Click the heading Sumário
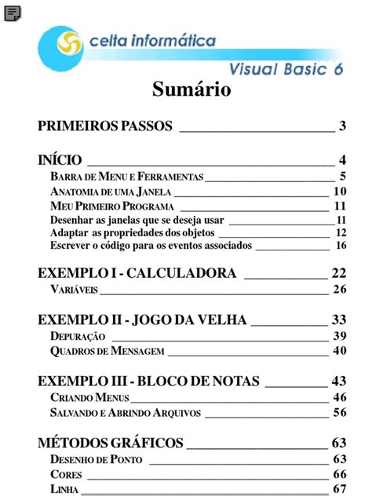(191, 90)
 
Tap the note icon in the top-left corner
(13, 13)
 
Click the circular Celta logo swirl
(61, 48)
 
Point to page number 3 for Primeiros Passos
(343, 126)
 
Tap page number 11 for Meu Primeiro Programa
(340, 206)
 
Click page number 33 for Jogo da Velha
(339, 319)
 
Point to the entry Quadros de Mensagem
(106, 351)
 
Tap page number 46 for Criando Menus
(340, 397)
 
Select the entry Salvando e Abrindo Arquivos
(125, 412)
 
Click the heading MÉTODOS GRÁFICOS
(111, 443)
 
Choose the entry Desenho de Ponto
(96, 459)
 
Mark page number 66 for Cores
(340, 474)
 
